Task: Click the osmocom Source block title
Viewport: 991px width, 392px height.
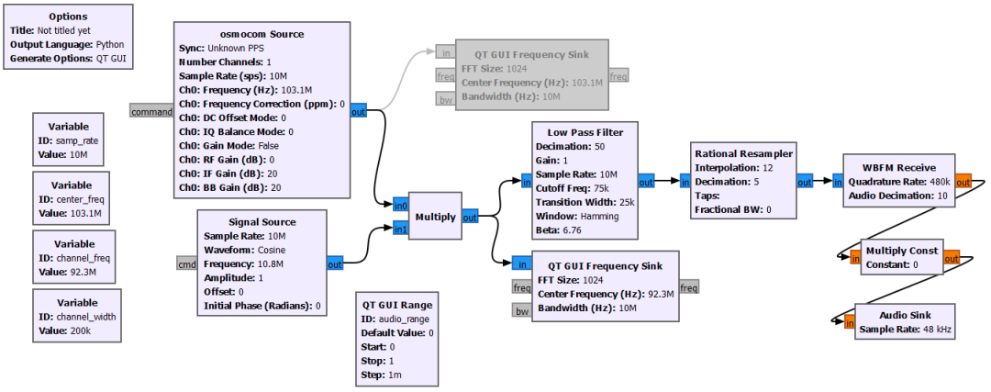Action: point(262,34)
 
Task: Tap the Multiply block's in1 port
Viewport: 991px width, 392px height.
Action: point(399,229)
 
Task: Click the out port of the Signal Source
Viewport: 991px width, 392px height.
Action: point(335,263)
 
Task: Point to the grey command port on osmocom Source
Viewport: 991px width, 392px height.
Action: point(151,112)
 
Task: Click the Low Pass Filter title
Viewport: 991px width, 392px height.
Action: point(585,132)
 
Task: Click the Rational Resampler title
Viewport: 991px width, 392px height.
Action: point(743,153)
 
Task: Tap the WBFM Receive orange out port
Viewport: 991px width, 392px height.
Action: point(963,182)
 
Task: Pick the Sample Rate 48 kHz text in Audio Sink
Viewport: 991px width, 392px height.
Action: point(904,329)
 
